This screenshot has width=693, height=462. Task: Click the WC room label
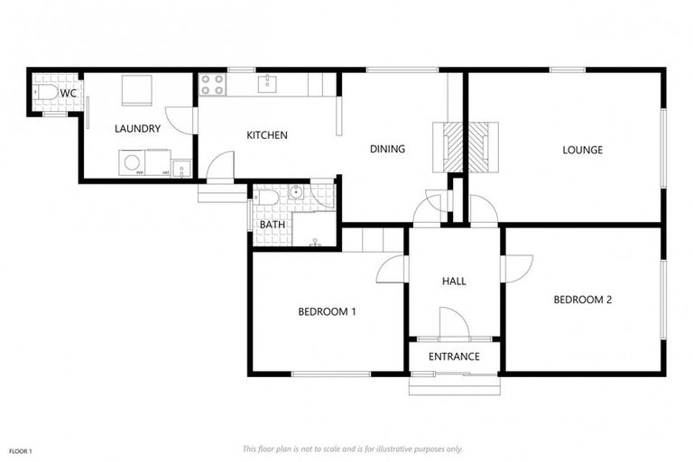[69, 92]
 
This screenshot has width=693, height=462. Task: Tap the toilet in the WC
[45, 93]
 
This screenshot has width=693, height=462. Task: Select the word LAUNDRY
[137, 129]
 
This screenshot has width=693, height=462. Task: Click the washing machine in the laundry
[133, 163]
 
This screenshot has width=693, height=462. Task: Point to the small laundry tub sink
[181, 167]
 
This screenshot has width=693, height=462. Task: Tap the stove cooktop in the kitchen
[211, 85]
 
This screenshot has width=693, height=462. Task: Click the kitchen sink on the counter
[268, 85]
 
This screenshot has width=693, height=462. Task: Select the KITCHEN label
[267, 135]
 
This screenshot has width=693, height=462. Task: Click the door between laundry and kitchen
[183, 120]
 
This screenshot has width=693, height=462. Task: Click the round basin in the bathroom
[295, 193]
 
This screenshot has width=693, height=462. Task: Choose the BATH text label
[272, 225]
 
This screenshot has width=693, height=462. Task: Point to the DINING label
[387, 149]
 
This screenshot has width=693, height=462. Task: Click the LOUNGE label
[582, 150]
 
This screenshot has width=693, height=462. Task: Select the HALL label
[454, 282]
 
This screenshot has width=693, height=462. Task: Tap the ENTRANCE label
[454, 356]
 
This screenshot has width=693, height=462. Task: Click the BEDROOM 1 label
[328, 312]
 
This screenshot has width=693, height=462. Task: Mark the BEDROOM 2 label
[583, 300]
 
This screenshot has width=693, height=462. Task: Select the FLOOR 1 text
[21, 449]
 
